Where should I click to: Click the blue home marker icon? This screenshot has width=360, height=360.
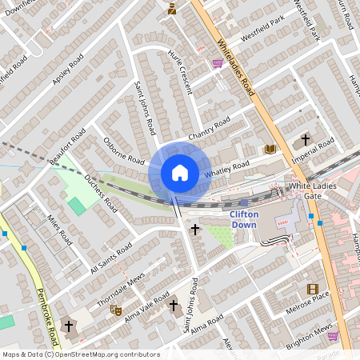180,173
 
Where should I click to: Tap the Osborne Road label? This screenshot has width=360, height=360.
123,150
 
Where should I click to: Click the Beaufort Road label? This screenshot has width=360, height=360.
66,147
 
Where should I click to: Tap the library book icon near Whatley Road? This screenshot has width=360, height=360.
270,149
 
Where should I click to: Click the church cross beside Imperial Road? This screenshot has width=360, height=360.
305,141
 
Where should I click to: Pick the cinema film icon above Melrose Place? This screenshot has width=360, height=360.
312,289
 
